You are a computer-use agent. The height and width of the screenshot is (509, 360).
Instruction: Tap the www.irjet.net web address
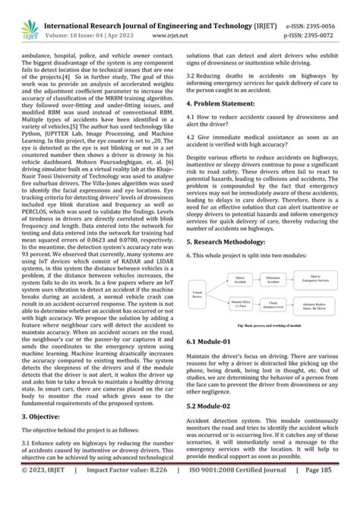[x=180, y=23]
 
